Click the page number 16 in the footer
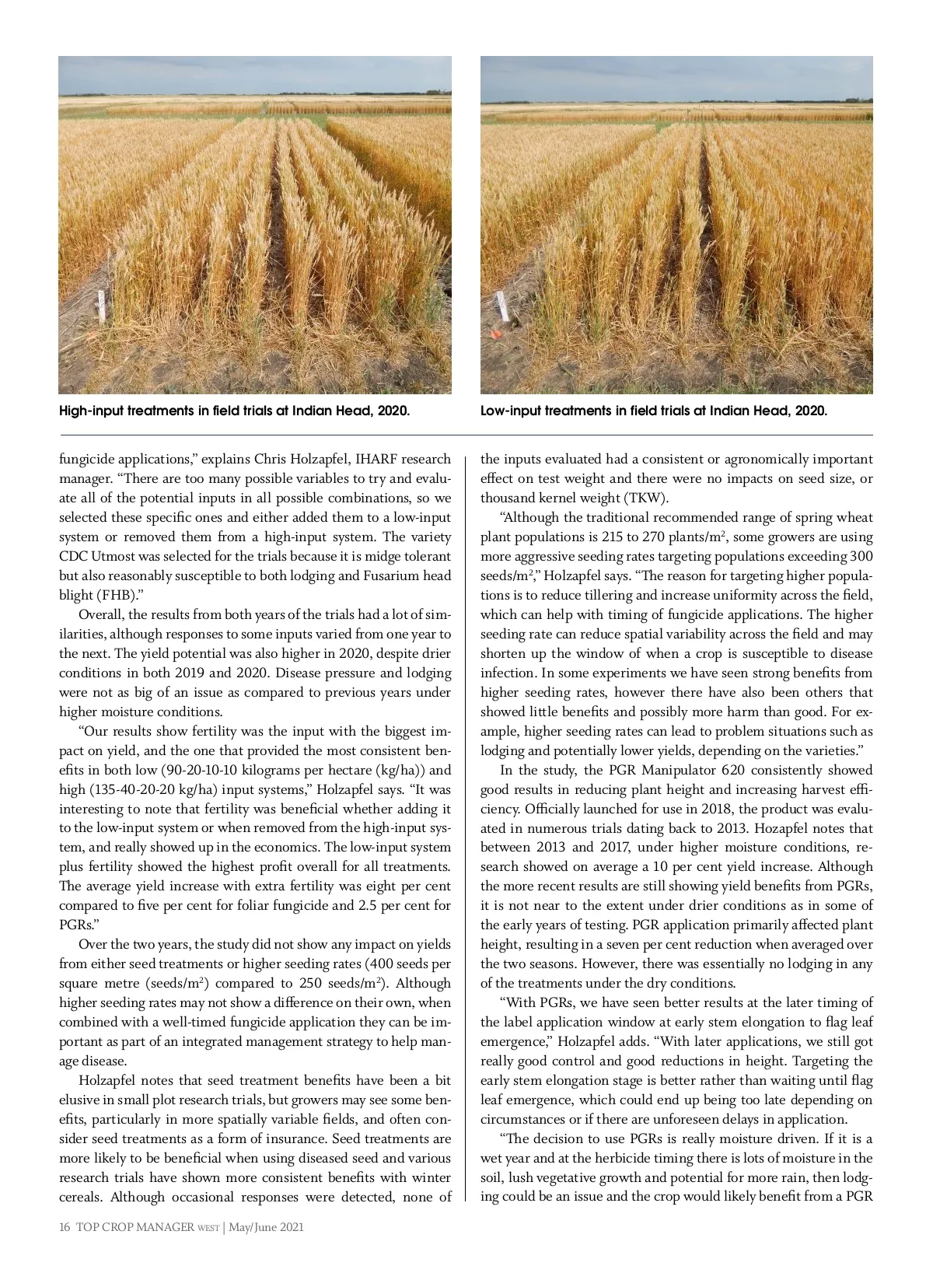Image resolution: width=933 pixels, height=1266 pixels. [x=65, y=1227]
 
